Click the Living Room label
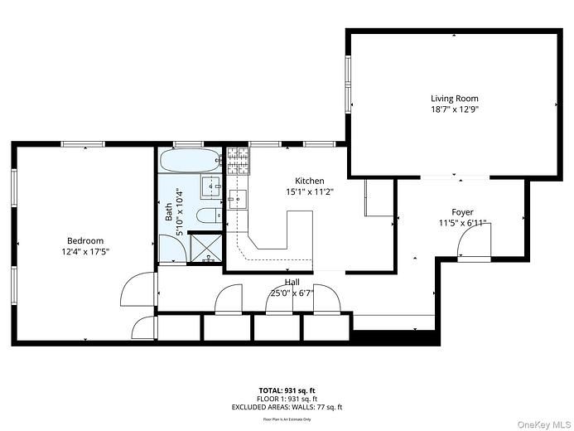click(454, 99)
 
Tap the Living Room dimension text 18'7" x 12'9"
click(454, 109)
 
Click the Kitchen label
click(309, 181)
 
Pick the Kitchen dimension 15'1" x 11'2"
click(309, 191)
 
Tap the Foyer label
click(461, 212)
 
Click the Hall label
click(292, 283)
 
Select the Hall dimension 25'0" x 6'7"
click(292, 293)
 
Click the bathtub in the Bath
click(190, 159)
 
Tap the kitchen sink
click(238, 198)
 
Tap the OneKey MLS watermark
click(543, 424)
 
